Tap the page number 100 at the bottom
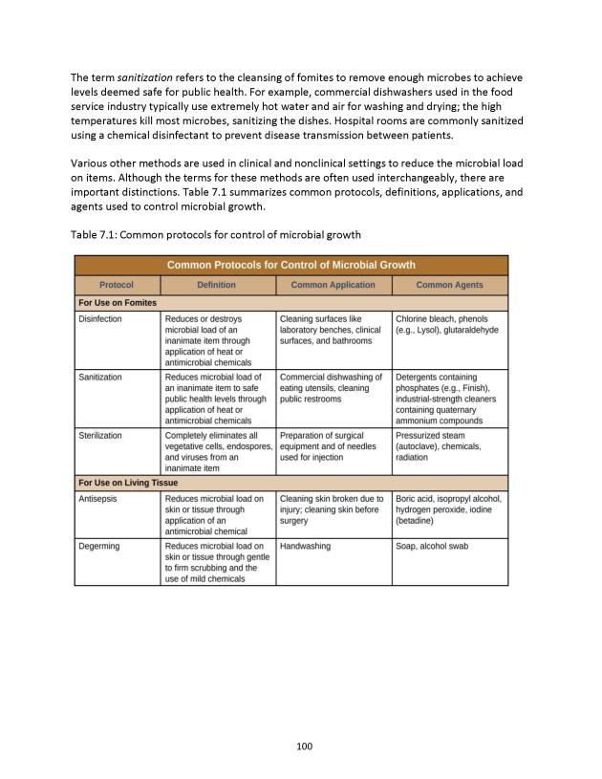coord(301,747)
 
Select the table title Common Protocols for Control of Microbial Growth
coord(290,265)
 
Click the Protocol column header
coord(117,285)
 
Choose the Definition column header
coord(217,285)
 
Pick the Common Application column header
coord(333,285)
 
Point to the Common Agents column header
coord(449,285)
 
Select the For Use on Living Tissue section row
coord(128,483)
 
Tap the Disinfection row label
coord(100,318)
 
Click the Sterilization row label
coord(100,435)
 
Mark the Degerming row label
coord(98,546)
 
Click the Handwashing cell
coord(305,546)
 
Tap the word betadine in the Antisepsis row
coord(418,522)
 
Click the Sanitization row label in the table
coord(100,377)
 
